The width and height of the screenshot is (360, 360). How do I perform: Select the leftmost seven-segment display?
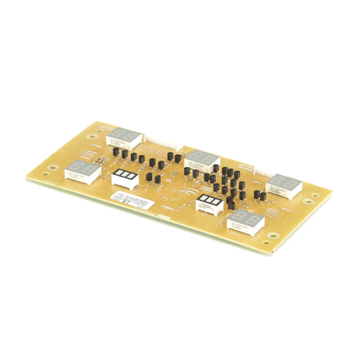[83, 172]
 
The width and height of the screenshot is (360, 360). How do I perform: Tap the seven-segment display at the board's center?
[202, 159]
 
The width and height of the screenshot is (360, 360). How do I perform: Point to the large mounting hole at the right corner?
[310, 203]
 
